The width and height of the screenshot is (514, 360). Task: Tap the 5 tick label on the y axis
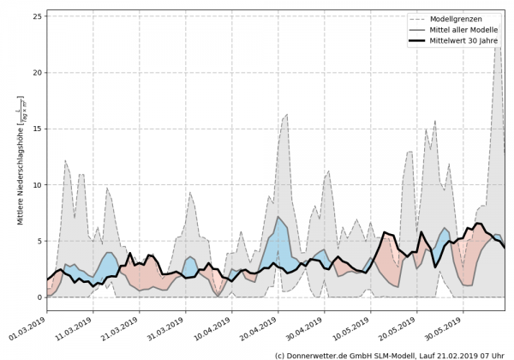[x=40, y=241]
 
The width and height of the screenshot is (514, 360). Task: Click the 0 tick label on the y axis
[x=40, y=297]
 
